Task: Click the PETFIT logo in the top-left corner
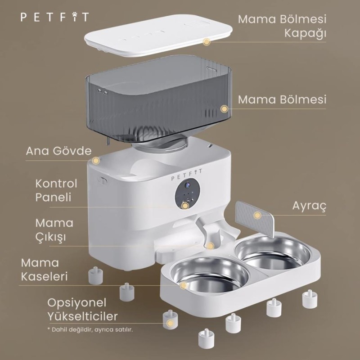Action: pos(54,18)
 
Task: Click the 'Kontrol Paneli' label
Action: pos(57,190)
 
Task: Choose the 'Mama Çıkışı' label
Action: pos(54,230)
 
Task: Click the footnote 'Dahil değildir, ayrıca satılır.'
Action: pos(90,329)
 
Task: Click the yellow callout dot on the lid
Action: pos(207,42)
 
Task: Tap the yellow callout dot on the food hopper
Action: pos(224,108)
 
